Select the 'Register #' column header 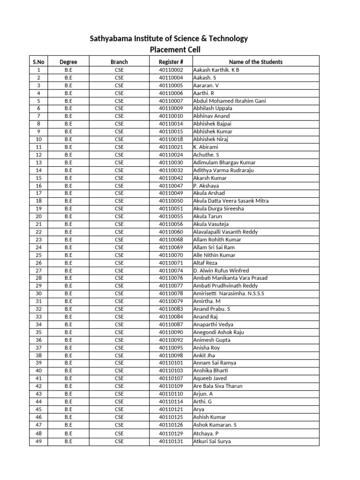[171, 62]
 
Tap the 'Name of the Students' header [255, 62]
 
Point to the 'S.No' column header [38, 62]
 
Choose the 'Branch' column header [119, 62]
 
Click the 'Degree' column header [68, 62]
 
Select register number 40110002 [171, 70]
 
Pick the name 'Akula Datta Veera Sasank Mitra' [231, 201]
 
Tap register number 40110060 [171, 232]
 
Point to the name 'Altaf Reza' [205, 263]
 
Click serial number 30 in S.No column [38, 293]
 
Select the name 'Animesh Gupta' [212, 340]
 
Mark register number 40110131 [171, 441]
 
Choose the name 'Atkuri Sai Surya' [212, 441]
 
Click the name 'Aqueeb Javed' [210, 378]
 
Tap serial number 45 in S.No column [38, 409]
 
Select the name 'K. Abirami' [205, 147]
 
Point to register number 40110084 [171, 317]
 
